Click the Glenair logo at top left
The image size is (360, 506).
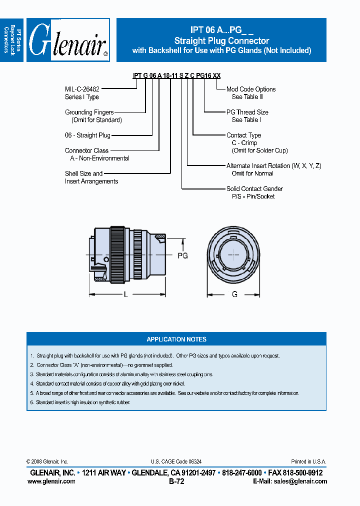(x=68, y=40)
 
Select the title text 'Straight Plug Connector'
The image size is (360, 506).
(x=221, y=41)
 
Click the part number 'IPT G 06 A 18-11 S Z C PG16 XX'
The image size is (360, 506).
(x=176, y=75)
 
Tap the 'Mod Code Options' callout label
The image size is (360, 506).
(x=250, y=89)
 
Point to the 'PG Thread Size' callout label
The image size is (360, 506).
(x=247, y=112)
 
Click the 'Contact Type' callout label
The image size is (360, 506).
(x=243, y=135)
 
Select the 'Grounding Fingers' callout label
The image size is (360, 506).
(x=89, y=112)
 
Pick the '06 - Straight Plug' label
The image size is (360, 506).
(x=87, y=135)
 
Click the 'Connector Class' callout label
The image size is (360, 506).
(x=86, y=150)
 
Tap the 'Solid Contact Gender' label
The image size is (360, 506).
(x=254, y=188)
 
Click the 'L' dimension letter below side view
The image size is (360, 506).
(x=125, y=295)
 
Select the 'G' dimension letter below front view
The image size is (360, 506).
(x=234, y=295)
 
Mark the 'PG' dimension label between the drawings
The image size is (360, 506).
(x=182, y=255)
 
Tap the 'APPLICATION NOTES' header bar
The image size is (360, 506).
(x=176, y=339)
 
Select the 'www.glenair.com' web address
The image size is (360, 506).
(x=51, y=481)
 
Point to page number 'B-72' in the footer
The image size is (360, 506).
(x=176, y=481)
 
